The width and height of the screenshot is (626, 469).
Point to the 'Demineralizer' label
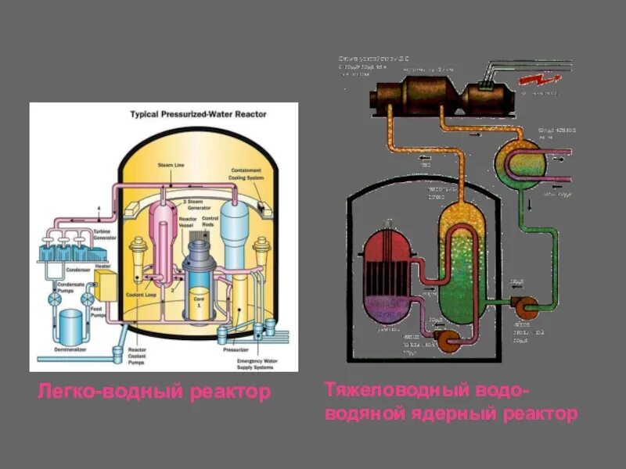coord(70,349)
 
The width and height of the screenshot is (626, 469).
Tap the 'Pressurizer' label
coord(236,349)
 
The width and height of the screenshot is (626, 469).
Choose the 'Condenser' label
coord(78,270)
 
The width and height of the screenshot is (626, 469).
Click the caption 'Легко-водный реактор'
coord(153,390)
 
